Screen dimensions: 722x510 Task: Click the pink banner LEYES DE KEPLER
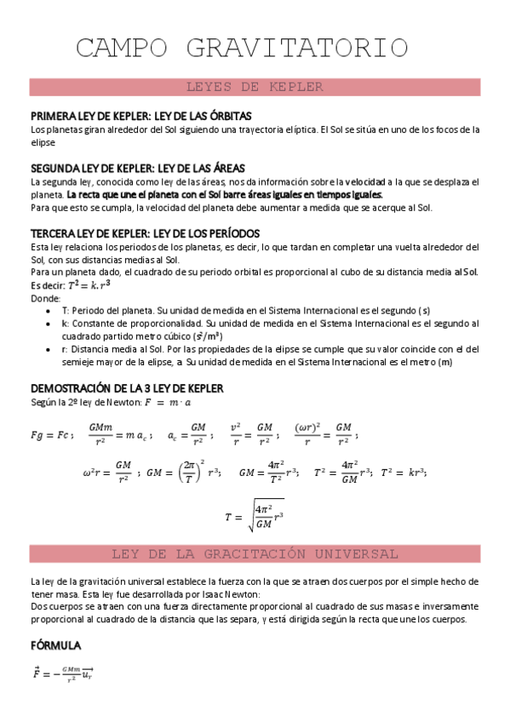[254, 87]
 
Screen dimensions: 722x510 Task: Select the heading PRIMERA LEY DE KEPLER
[140, 116]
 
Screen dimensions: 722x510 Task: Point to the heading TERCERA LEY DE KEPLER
[145, 233]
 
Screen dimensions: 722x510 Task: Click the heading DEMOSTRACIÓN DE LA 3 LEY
[126, 387]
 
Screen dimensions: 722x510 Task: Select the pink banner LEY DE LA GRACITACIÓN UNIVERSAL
[254, 553]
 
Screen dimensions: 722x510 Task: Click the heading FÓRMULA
[55, 645]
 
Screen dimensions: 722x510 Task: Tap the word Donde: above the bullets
[45, 299]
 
